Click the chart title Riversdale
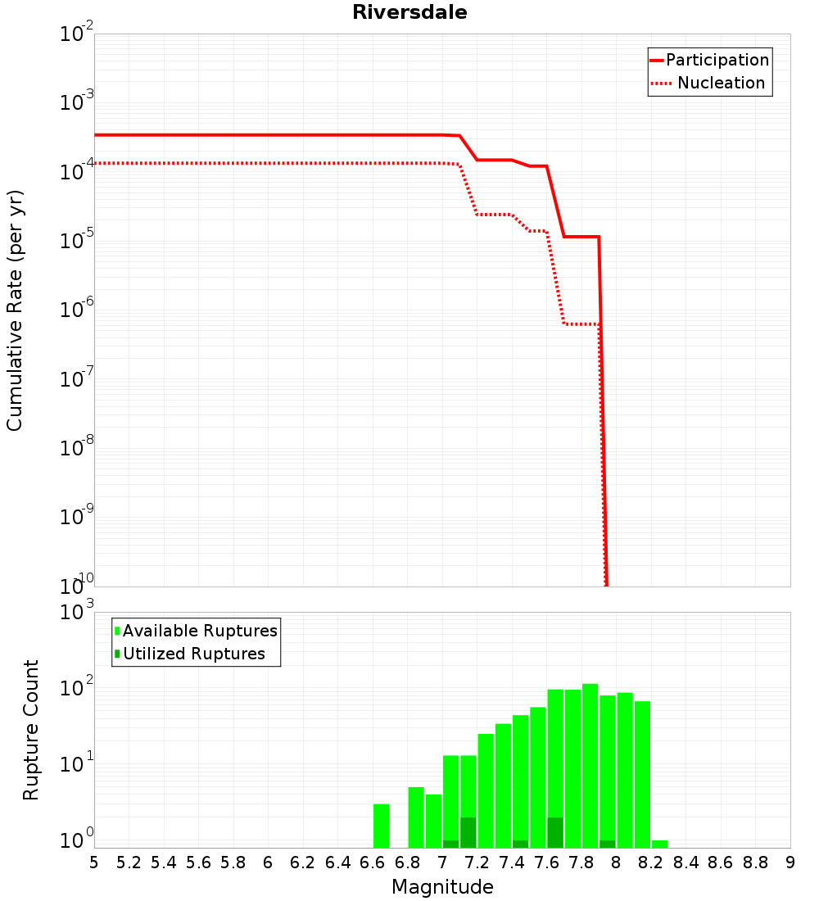pos(409,12)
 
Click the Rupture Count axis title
pos(31,730)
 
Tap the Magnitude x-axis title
pos(442,887)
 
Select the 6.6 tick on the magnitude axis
pos(372,863)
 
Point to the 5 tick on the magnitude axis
pos(94,863)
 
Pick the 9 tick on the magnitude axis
pos(790,863)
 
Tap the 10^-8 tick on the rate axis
pos(75,446)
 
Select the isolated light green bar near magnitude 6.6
pos(381,826)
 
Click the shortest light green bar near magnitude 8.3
pos(659,844)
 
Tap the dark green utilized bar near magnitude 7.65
pos(555,832)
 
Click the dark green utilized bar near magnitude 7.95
pos(607,844)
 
